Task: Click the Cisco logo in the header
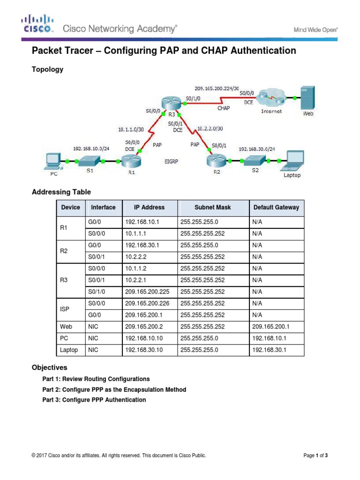point(38,23)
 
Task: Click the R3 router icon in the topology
point(168,103)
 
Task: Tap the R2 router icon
point(215,161)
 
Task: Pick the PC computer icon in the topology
point(51,162)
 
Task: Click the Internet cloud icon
point(271,98)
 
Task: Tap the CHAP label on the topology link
point(223,108)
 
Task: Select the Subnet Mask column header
point(213,207)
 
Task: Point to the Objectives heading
point(49,367)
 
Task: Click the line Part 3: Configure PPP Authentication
point(94,400)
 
